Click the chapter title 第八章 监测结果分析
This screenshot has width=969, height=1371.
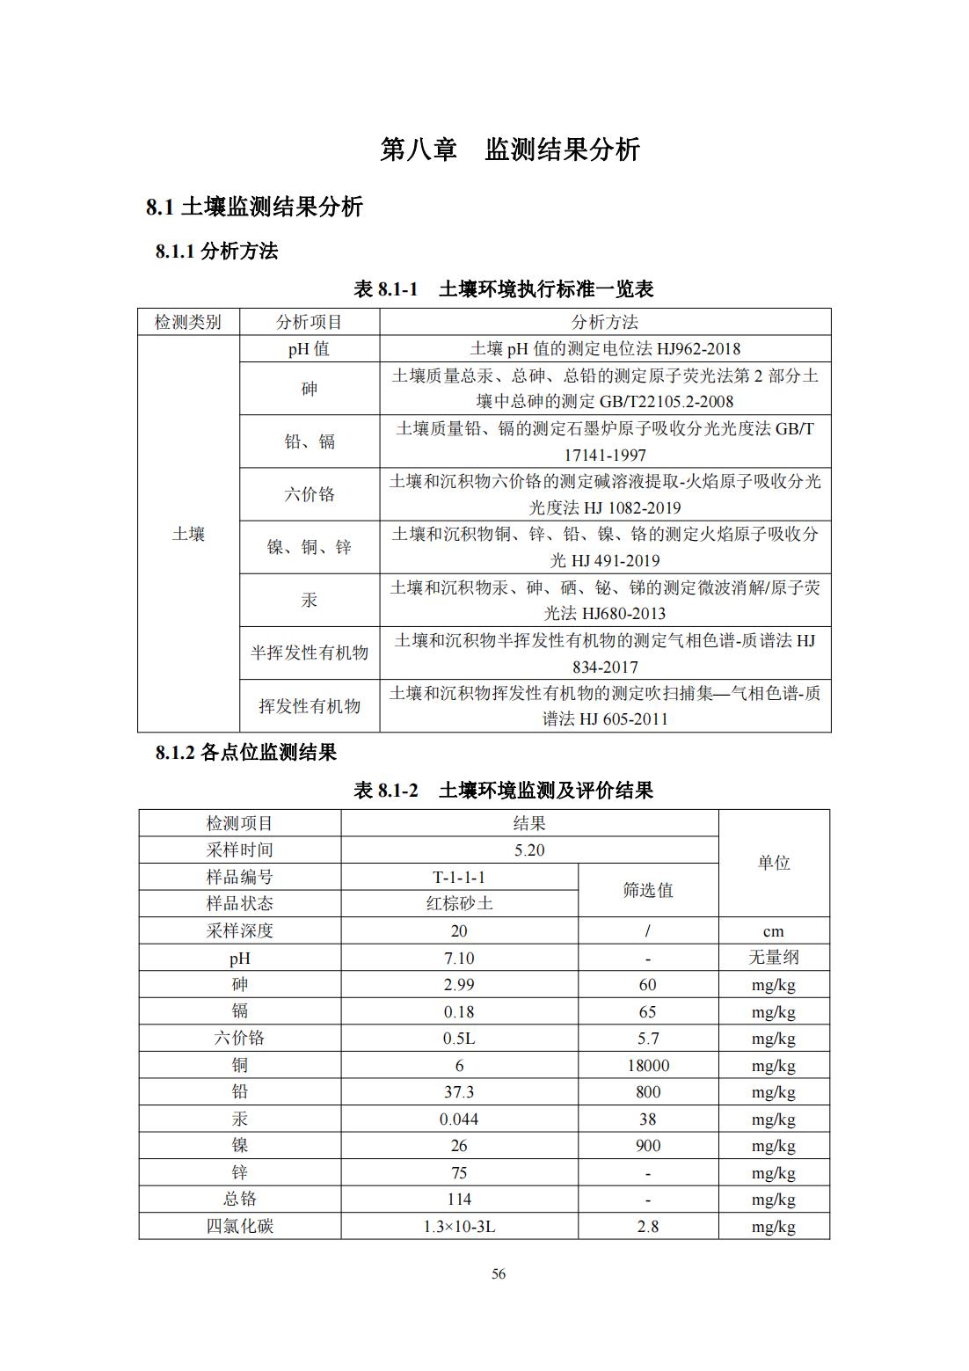[x=510, y=149]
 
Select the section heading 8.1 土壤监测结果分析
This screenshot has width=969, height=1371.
[x=254, y=208]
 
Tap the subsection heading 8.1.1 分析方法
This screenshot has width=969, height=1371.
[x=216, y=252]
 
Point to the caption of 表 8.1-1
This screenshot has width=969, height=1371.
[x=503, y=289]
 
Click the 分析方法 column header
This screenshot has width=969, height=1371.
[x=604, y=322]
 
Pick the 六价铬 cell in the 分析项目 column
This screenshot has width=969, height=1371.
[x=310, y=494]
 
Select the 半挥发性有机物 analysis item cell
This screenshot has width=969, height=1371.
[x=310, y=653]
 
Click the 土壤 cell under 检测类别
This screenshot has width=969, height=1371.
[x=188, y=534]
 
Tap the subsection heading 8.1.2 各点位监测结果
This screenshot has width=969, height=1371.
[x=246, y=753]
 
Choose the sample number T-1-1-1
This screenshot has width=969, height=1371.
[x=459, y=877]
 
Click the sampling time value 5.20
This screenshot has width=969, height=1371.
[x=529, y=850]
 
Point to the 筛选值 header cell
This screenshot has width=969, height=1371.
[x=648, y=890]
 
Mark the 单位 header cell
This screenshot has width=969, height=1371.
[x=774, y=864]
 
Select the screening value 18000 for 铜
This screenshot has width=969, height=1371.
[x=648, y=1066]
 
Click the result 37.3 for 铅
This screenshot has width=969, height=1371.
[x=459, y=1092]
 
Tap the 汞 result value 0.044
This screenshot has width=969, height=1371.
[x=459, y=1119]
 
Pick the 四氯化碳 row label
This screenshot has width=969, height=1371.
[x=240, y=1226]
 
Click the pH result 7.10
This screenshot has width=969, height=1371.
[x=459, y=959]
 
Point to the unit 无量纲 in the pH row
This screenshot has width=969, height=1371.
[x=774, y=958]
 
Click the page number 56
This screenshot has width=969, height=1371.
[x=499, y=1274]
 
